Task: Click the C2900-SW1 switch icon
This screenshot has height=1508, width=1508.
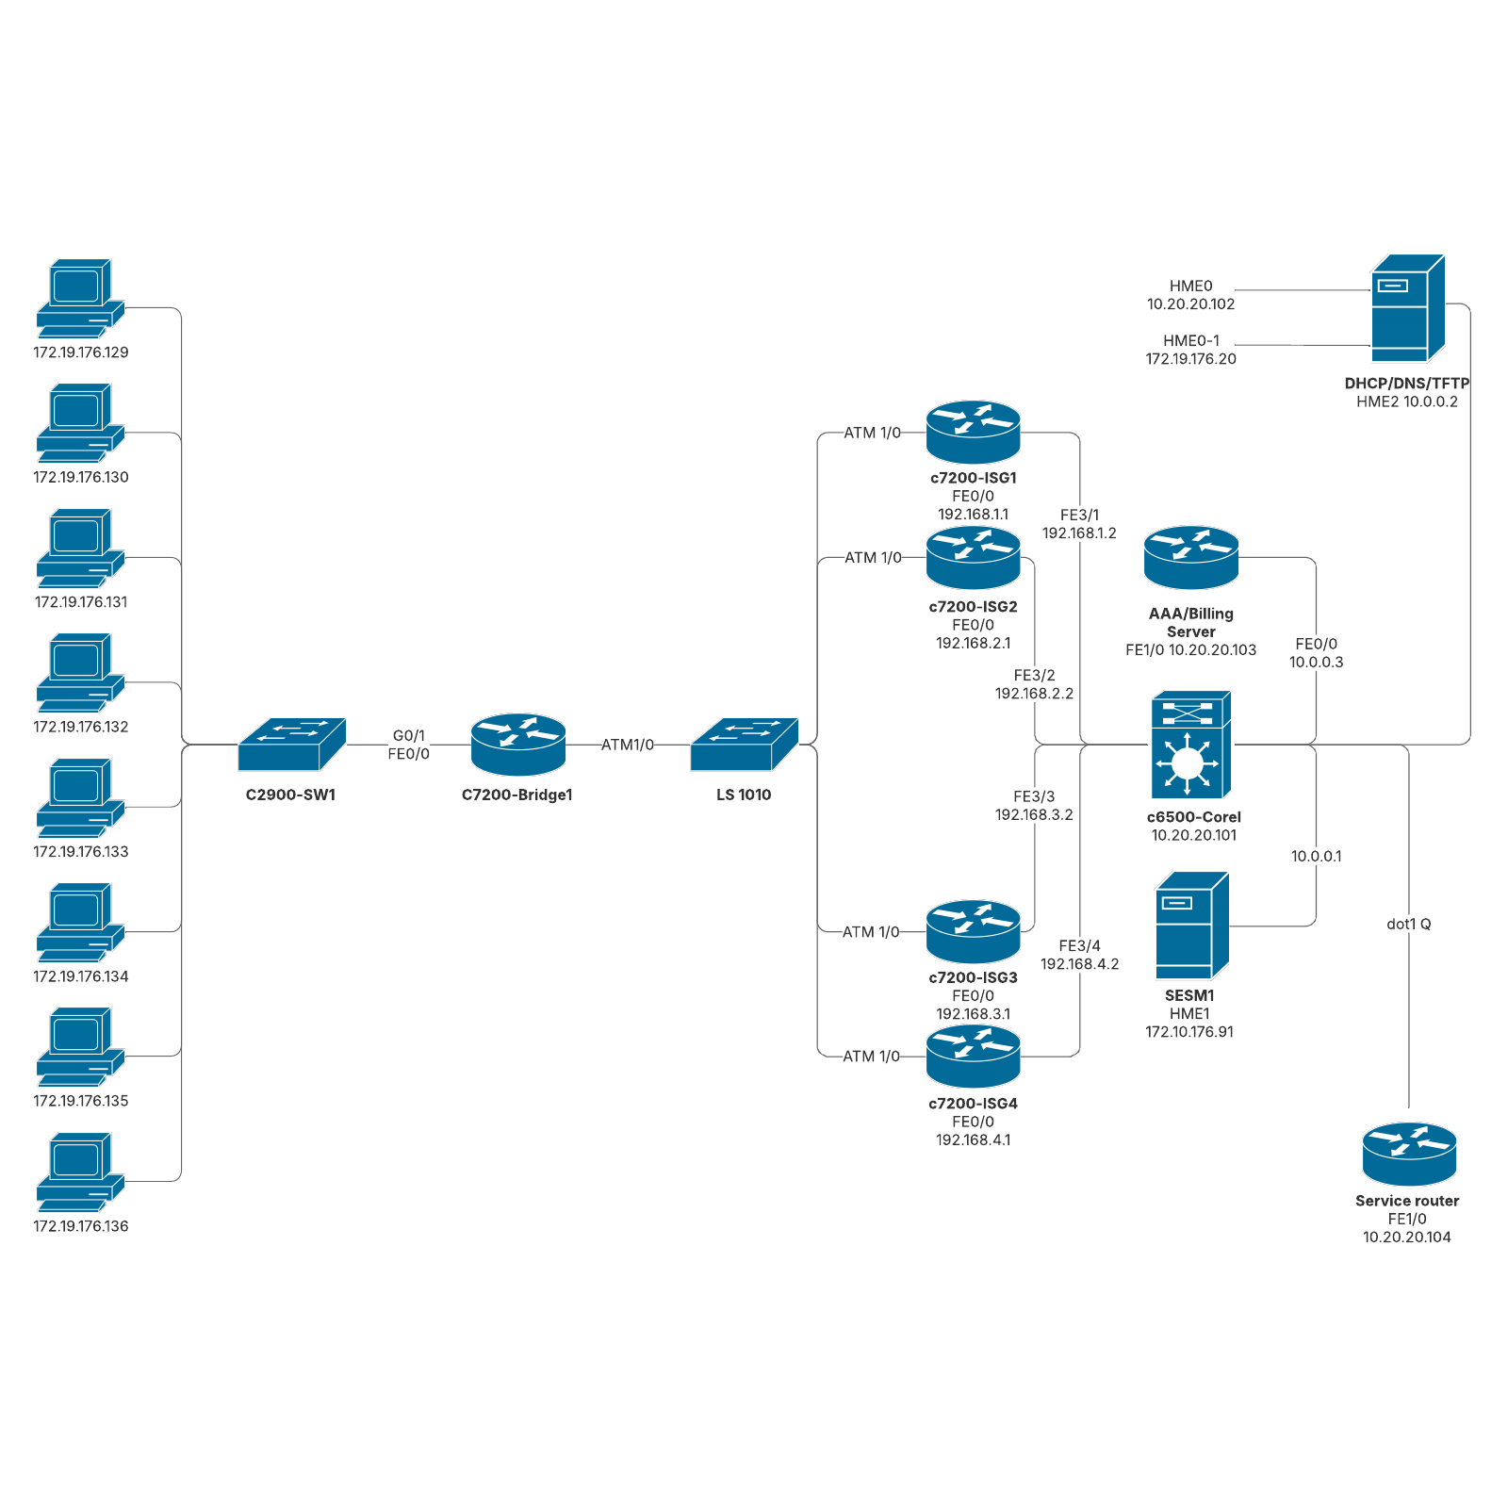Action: (291, 745)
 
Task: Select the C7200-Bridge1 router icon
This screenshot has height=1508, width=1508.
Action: (517, 745)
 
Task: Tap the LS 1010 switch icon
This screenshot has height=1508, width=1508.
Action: (744, 745)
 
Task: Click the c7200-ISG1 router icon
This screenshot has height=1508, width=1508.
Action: (973, 433)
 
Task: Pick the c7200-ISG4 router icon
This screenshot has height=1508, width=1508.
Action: (973, 1057)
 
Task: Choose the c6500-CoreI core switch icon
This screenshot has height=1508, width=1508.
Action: (1190, 745)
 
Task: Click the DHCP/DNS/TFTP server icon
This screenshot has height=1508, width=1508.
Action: (1407, 308)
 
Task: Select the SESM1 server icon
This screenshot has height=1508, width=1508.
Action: (1191, 926)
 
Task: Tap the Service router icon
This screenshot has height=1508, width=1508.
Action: (1408, 1154)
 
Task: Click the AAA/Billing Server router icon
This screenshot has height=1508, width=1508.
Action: (1190, 558)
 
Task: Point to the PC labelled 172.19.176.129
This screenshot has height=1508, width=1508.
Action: (80, 298)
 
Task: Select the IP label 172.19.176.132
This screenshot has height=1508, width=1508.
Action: (81, 727)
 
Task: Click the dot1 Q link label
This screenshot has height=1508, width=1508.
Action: (1408, 925)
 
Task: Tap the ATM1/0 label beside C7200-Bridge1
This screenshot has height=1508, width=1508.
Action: (628, 745)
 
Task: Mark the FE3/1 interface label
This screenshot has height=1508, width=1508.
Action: (1079, 516)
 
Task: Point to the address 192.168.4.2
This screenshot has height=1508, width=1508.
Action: (1079, 964)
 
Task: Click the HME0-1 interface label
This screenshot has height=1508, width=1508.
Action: (1190, 341)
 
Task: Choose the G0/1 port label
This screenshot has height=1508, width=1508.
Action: (409, 735)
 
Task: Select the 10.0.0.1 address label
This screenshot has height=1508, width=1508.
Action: (1316, 857)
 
